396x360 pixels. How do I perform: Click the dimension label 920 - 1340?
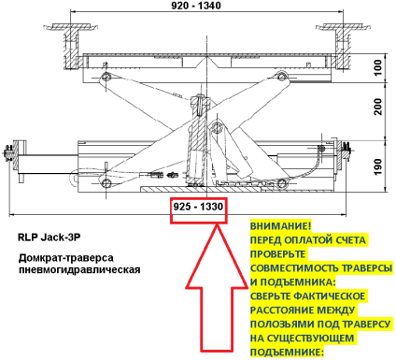pos(196,6)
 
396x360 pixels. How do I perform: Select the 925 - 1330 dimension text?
pos(198,207)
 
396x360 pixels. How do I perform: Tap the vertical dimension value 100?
pos(377,67)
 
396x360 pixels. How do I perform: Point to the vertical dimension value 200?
pos(378,107)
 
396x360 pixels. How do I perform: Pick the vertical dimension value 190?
pos(377,166)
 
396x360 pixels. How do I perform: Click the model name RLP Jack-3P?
pos(49,238)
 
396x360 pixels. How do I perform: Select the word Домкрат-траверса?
pos(66,258)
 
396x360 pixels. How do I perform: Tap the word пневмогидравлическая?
pos(79,269)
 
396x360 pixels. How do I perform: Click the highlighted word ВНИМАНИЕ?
pos(280,226)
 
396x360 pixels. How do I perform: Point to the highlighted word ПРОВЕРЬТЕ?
pos(277,254)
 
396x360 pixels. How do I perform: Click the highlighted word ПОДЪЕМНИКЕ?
pos(287,353)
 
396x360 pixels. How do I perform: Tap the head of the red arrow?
pos(217,225)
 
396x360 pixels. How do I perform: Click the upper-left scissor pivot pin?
pos(106,77)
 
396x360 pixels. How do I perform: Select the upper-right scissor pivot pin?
pos(282,76)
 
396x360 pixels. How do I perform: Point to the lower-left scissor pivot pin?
pos(106,182)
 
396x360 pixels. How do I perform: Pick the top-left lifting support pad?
pos(72,27)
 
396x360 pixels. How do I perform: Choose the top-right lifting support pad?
pos(343,27)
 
